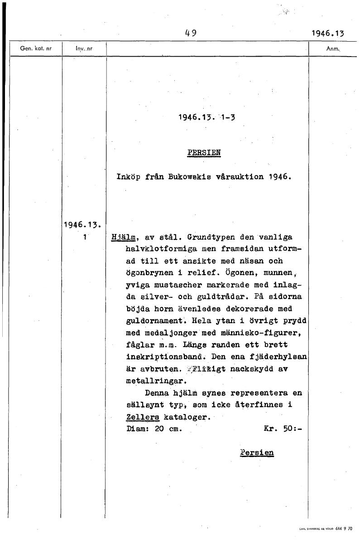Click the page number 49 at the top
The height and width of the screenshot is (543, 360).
coord(190,33)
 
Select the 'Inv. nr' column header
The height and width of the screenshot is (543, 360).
coord(84,48)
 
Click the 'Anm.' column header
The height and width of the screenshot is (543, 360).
coord(333,48)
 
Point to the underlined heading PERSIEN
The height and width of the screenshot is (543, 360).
coord(203,152)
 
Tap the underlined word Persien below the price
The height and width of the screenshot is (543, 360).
coord(257,452)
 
